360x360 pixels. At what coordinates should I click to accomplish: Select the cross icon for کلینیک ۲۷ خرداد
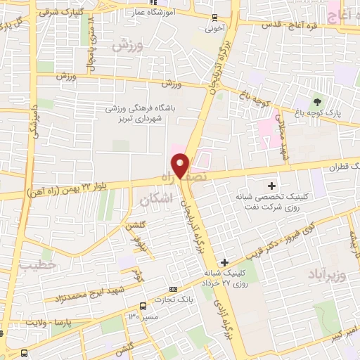point(224,262)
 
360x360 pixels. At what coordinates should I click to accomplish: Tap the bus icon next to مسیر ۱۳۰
point(143,306)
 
